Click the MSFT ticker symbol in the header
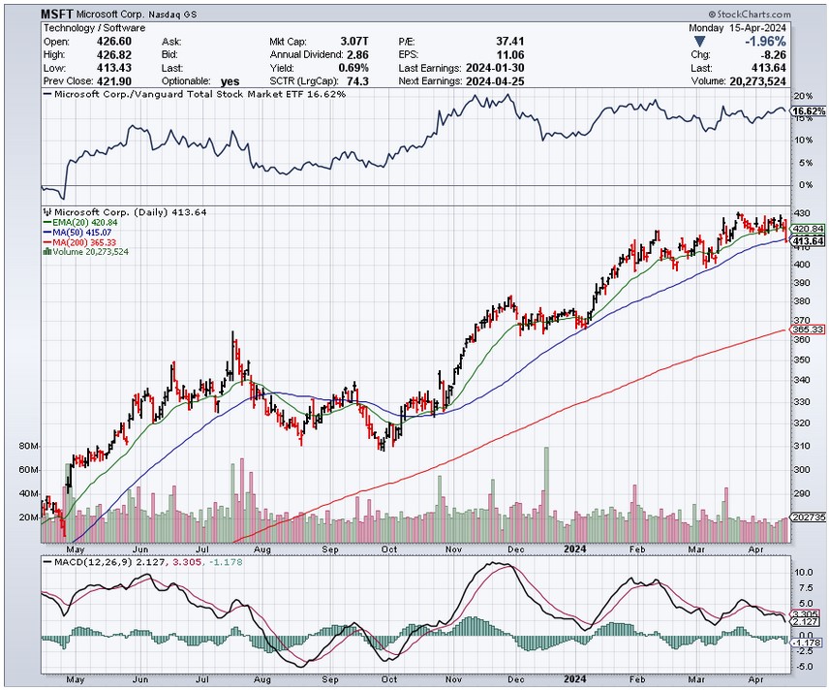[57, 16]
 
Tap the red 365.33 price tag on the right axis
[808, 330]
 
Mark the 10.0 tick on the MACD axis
[803, 572]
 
